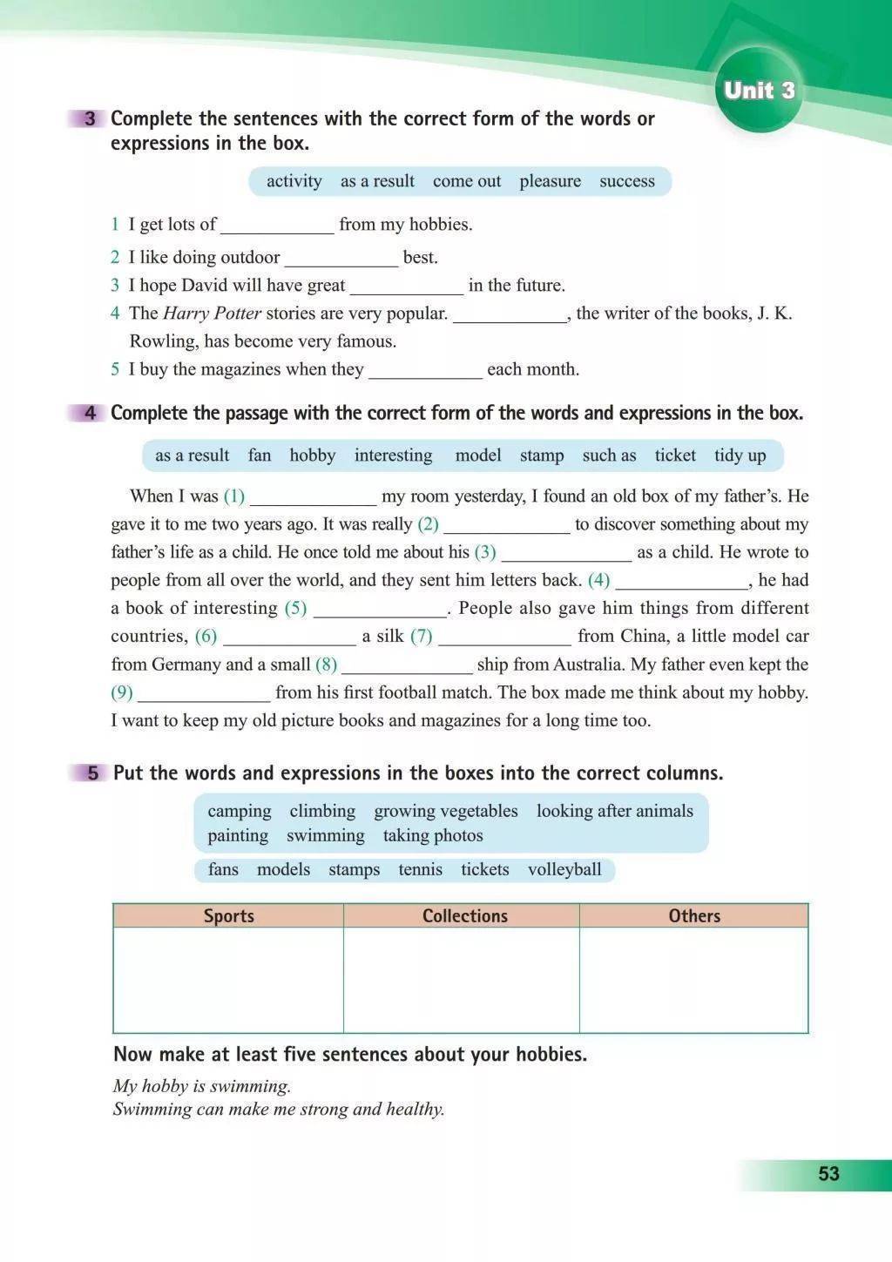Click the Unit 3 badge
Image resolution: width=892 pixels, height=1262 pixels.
point(760,91)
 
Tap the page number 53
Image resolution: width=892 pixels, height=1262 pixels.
point(828,1174)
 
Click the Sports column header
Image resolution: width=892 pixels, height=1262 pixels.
point(228,915)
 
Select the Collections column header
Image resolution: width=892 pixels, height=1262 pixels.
point(464,915)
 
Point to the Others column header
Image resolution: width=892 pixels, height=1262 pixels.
point(694,915)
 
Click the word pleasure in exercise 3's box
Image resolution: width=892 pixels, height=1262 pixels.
point(550,181)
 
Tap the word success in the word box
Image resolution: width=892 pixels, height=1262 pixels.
point(626,181)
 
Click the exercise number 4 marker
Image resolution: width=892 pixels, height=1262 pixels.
point(91,414)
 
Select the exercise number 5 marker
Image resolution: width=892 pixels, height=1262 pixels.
point(92,773)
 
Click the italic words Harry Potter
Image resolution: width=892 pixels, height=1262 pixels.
point(212,314)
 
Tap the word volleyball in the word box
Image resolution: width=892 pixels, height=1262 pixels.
point(564,869)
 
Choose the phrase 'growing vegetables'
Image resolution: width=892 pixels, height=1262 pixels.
point(445,811)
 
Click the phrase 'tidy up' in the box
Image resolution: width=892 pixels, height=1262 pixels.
point(740,456)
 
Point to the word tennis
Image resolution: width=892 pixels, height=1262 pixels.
point(420,869)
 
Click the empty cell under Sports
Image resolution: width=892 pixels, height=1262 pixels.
point(228,980)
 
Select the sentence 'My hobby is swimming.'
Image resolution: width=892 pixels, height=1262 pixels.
point(202,1086)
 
